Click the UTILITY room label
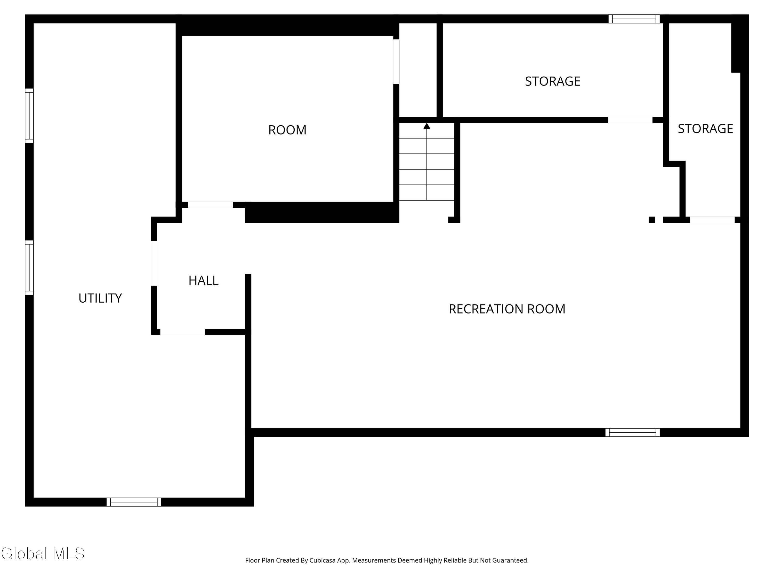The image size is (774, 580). [x=100, y=298]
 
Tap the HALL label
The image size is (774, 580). [x=203, y=280]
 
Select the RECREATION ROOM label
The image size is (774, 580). [x=507, y=309]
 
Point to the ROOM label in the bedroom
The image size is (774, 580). [x=287, y=130]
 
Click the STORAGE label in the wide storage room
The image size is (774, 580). [x=553, y=81]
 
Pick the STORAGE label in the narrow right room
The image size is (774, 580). [x=705, y=129]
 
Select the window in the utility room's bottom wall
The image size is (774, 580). [x=134, y=502]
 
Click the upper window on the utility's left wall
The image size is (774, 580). [x=29, y=116]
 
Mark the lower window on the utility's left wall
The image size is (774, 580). [x=29, y=268]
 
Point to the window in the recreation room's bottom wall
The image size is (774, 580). [x=633, y=433]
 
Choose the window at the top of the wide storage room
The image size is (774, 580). [x=634, y=19]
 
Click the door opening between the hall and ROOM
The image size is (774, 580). [x=210, y=205]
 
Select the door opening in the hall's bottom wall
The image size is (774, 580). [x=183, y=332]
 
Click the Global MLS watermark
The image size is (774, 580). [x=43, y=553]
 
